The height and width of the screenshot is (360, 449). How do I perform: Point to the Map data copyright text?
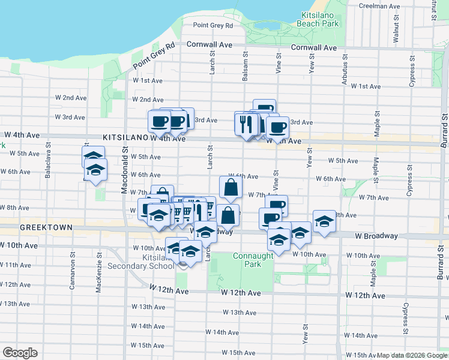tap(412, 355)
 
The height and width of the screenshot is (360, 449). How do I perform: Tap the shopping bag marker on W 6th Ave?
tap(231, 188)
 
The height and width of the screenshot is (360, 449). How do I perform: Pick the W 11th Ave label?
tap(16, 265)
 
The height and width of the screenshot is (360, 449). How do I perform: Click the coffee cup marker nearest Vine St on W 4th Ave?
tap(277, 127)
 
